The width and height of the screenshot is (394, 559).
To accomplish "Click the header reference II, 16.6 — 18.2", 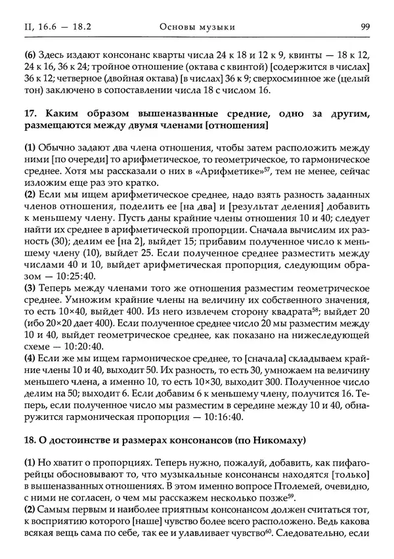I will point(48,26).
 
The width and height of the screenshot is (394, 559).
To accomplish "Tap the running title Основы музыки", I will point(197,26).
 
